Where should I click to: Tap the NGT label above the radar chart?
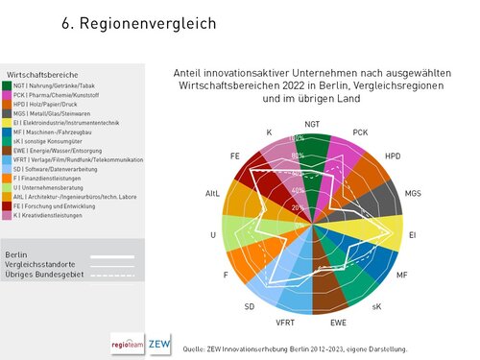[x=312, y=125]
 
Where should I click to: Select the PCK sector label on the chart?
[x=360, y=132]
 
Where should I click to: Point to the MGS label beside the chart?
[x=413, y=194]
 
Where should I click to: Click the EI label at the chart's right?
[x=413, y=233]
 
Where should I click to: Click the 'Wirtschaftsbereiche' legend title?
[x=42, y=74]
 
